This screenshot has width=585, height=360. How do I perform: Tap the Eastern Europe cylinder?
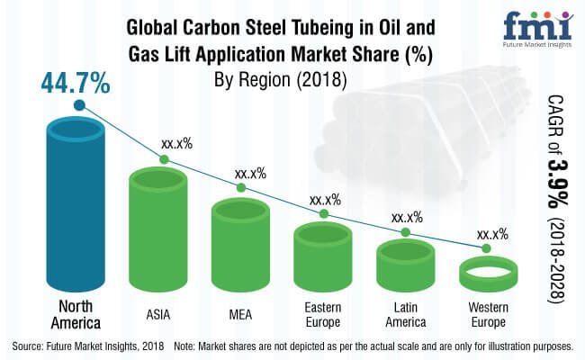(x=323, y=256)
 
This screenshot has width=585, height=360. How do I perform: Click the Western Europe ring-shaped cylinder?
(x=486, y=274)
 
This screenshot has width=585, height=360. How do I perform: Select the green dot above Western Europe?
(x=486, y=247)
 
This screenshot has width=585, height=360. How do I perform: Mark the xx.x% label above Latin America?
(x=409, y=216)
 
